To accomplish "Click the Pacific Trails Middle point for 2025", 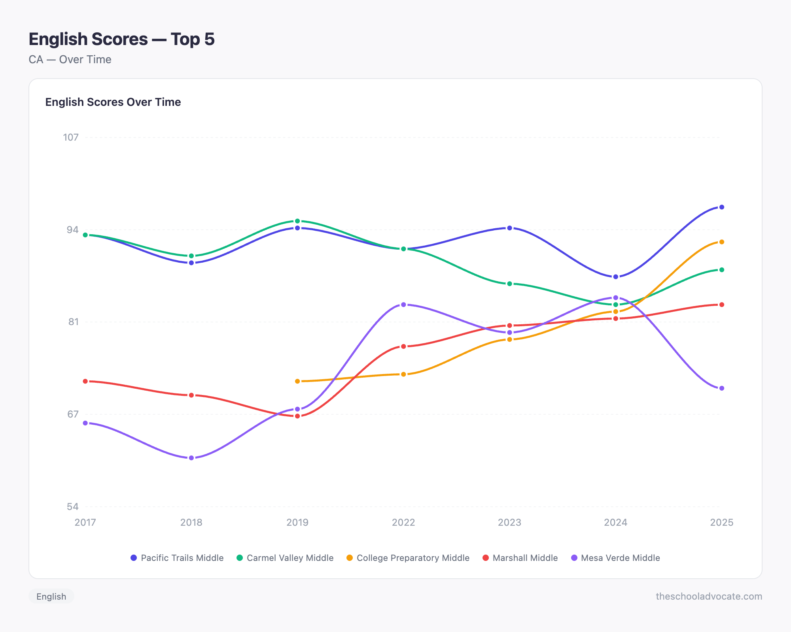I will coord(721,207).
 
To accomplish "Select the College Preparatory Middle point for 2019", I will coord(297,381).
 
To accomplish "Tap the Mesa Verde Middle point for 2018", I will coord(191,458).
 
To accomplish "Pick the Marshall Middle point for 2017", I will coord(85,381).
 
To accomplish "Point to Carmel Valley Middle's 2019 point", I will coord(297,221).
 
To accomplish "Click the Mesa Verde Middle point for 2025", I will coord(721,388).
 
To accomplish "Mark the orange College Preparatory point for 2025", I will coord(721,242).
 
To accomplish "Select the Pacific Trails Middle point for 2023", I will coord(509,228).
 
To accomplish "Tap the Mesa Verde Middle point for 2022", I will coord(403,305).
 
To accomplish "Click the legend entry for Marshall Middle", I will coord(520,558).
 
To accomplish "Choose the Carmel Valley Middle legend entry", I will coord(285,558).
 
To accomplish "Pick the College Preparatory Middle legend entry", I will coord(408,558).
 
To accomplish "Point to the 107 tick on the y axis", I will coord(71,137).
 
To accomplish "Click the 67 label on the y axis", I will coord(73,414).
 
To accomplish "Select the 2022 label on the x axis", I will coord(403,522).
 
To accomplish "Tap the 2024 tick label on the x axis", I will coord(615,522).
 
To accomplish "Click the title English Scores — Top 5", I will coord(121,39).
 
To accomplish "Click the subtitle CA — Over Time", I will coord(70,59).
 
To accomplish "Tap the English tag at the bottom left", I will coord(51,596).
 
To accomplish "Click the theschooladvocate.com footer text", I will coord(709,596).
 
